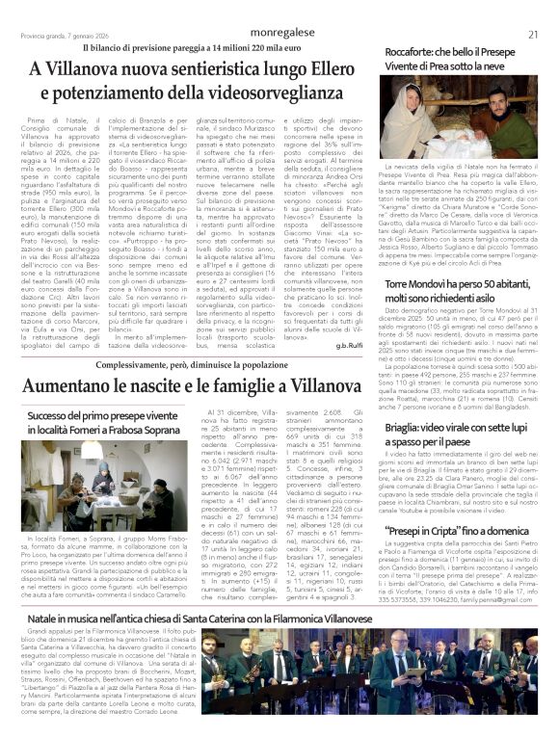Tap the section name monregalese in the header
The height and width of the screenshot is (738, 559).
(279, 33)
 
